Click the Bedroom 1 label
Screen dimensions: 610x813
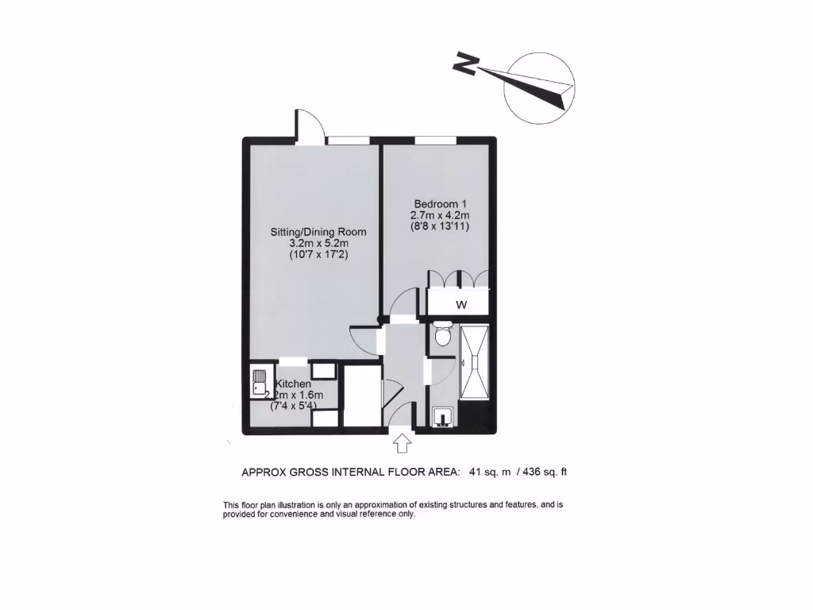click(440, 203)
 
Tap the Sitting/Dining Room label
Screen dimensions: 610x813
click(318, 232)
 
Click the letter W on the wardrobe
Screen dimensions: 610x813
click(460, 305)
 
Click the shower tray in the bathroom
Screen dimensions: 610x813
click(474, 362)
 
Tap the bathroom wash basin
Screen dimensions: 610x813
click(442, 416)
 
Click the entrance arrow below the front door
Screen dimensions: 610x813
click(403, 442)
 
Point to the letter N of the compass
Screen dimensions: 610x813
click(465, 63)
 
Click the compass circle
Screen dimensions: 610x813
click(539, 87)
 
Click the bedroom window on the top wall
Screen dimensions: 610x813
click(435, 140)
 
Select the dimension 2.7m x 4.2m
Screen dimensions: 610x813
click(440, 214)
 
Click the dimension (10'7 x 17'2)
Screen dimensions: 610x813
click(318, 256)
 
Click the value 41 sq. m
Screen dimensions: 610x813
click(490, 472)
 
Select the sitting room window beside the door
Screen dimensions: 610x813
click(349, 140)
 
